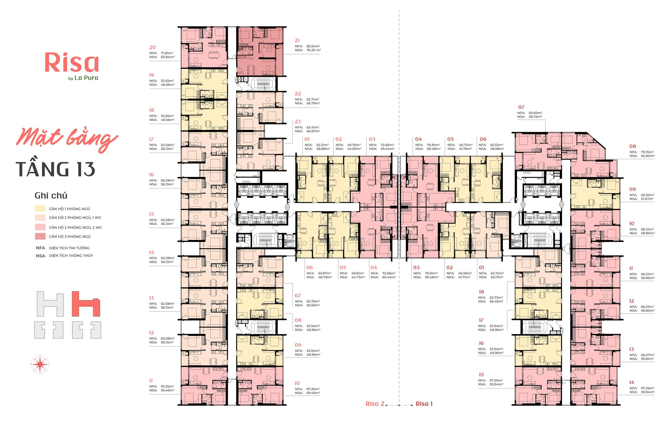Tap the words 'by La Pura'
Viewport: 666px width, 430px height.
[x=83, y=78]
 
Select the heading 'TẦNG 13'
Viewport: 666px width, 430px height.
[x=56, y=169]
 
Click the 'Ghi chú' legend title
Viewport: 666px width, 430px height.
[x=51, y=196]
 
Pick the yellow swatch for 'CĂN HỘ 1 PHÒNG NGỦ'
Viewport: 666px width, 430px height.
[x=40, y=209]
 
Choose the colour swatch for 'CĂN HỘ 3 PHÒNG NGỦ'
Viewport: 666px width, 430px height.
[x=40, y=236]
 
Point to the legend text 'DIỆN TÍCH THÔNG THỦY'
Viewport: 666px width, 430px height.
[x=71, y=256]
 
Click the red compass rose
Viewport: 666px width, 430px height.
[x=40, y=364]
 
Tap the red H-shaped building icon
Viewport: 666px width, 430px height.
[x=86, y=304]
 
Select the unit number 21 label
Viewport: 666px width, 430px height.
[x=297, y=41]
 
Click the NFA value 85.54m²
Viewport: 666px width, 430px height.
[x=313, y=46]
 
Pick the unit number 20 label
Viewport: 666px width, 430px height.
[x=153, y=47]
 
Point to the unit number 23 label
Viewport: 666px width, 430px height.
[x=298, y=122]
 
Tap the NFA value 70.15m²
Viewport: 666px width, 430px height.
[x=648, y=152]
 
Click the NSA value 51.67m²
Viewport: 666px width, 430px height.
[x=647, y=199]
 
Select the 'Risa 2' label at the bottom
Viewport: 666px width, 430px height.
[x=375, y=404]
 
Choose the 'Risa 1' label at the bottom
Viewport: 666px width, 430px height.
[x=424, y=404]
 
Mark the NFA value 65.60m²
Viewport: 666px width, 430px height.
[x=536, y=113]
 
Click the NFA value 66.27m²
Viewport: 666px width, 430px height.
[x=648, y=355]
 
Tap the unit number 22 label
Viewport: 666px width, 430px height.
[x=298, y=94]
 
